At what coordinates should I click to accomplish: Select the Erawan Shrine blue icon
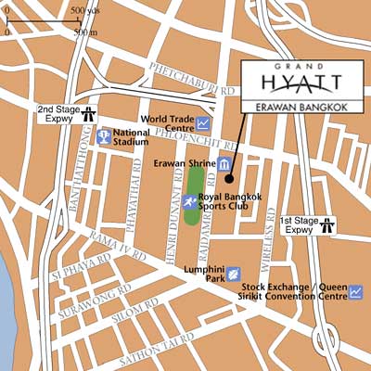tap(224, 164)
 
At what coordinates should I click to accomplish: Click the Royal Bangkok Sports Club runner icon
tap(189, 200)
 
